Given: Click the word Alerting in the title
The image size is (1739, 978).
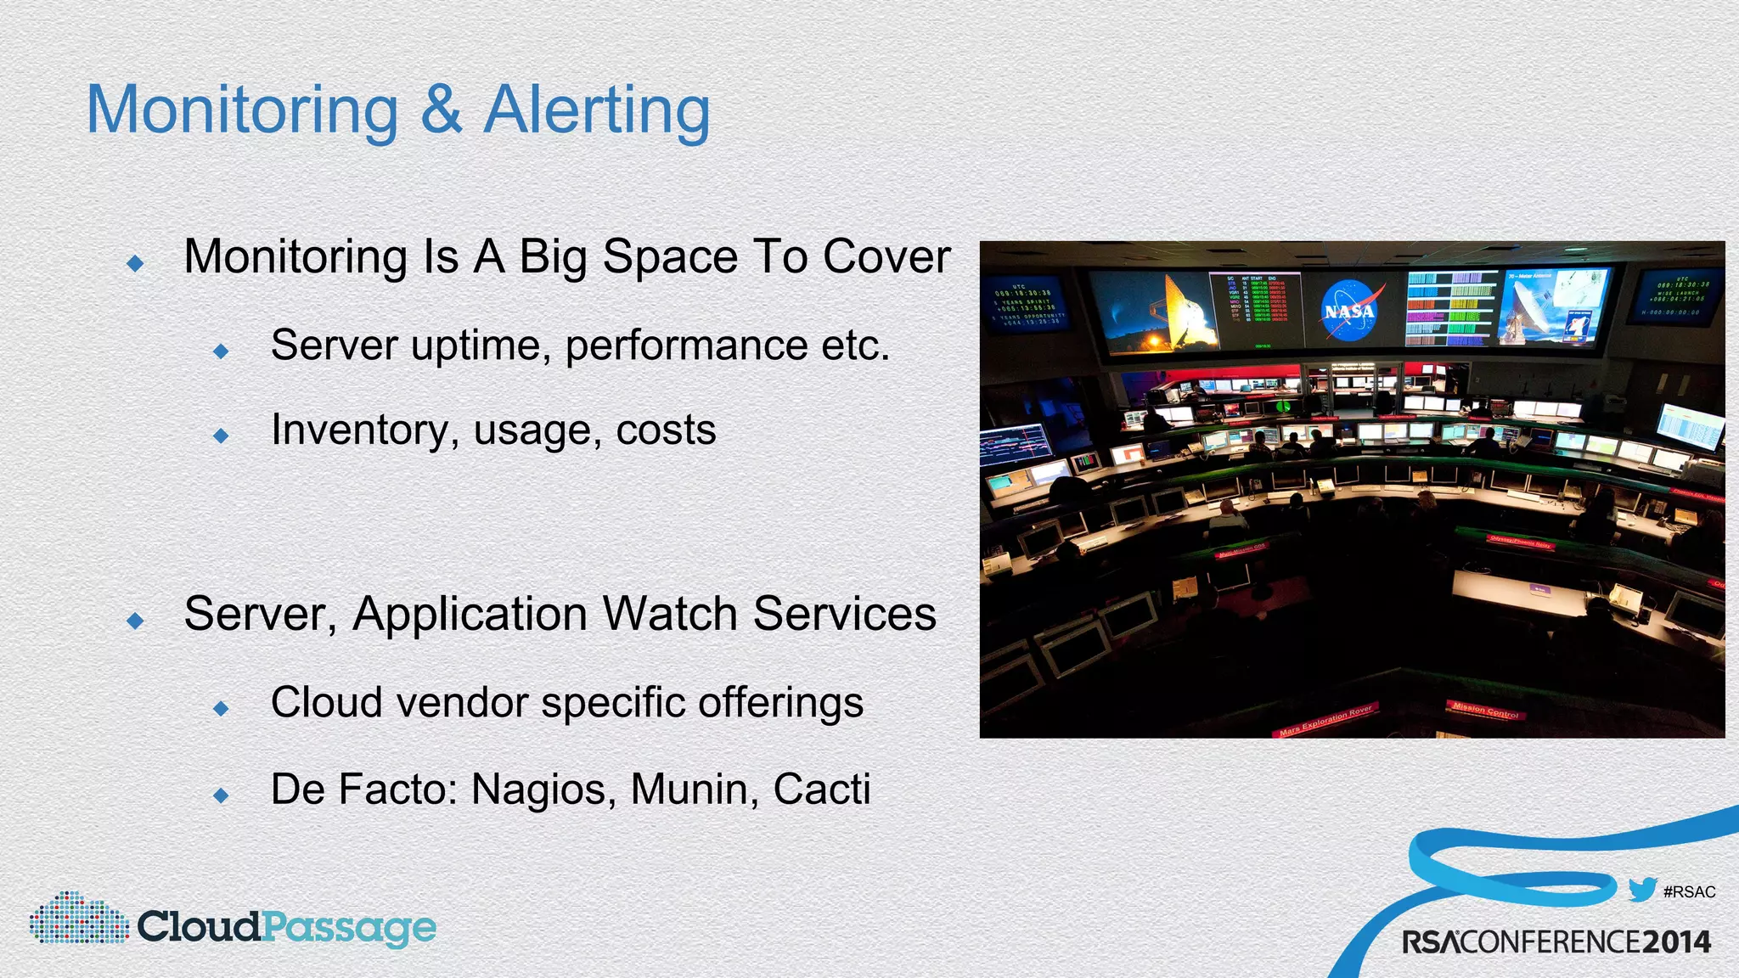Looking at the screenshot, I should click(596, 110).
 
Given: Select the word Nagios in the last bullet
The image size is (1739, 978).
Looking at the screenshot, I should click(543, 790).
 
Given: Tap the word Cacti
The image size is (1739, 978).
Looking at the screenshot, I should click(821, 790).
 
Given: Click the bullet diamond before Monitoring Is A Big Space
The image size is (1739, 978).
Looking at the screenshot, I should click(135, 264).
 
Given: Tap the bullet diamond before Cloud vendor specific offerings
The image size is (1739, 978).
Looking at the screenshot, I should click(222, 708).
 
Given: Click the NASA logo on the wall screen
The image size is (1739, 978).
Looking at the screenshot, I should click(1349, 311).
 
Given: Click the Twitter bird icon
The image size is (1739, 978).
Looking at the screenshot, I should click(1642, 890).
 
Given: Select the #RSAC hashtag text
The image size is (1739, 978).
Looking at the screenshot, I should click(1689, 892).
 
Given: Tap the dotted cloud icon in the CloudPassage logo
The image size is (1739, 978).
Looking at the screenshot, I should click(78, 919).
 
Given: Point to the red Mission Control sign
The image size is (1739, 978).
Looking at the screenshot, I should click(1484, 710).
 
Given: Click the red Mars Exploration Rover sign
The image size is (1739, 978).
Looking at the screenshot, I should click(1325, 720).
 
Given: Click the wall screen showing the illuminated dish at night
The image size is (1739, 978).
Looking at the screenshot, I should click(1153, 312).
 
